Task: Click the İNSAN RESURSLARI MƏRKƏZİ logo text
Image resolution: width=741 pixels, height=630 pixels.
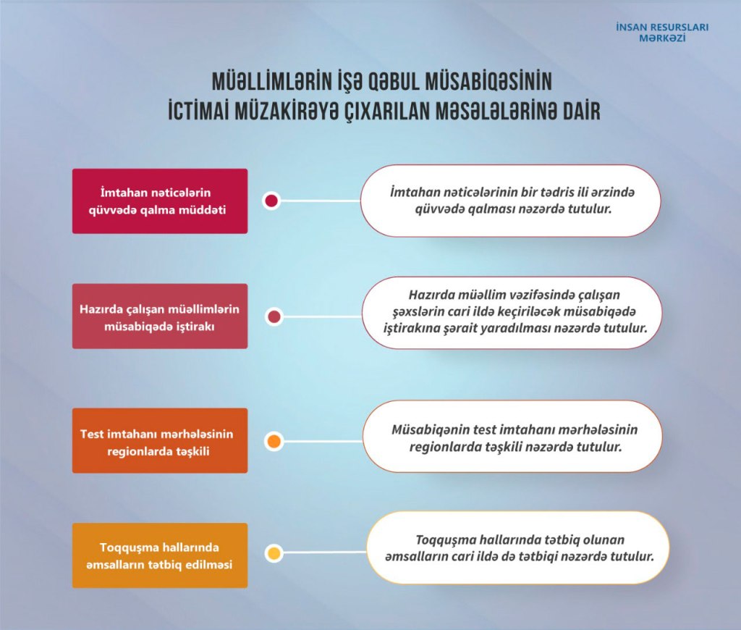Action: (661, 33)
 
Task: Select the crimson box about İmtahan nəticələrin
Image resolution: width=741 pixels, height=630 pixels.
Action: (159, 201)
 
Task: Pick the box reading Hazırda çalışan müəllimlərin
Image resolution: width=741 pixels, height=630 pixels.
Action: (159, 316)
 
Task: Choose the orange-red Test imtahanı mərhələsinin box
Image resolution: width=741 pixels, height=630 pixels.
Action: (159, 441)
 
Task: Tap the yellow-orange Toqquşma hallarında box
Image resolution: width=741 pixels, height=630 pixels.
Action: (159, 555)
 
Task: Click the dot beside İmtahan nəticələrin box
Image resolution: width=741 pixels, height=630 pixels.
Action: (271, 201)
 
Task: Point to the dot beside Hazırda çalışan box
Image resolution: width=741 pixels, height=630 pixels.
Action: (274, 316)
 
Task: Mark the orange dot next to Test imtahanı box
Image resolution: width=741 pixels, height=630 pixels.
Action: (274, 441)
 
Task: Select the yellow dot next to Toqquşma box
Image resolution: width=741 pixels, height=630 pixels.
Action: (274, 554)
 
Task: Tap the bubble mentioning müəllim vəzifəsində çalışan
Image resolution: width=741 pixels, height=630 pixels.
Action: (512, 312)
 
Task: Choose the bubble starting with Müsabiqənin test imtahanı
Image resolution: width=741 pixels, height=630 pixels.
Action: (512, 437)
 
